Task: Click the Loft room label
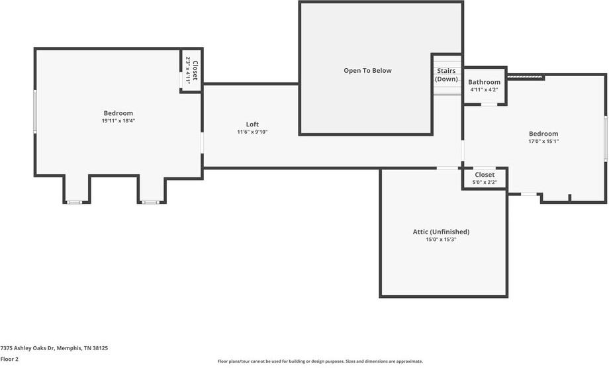pos(252,124)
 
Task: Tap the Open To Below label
pos(367,70)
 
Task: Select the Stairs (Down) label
pos(446,75)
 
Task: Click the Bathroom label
pos(485,82)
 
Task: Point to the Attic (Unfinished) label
pos(441,232)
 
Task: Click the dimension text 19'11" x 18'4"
pos(118,121)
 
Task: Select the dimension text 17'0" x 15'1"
pos(543,142)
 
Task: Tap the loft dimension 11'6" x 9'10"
pos(252,132)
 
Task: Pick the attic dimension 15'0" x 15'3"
pos(441,240)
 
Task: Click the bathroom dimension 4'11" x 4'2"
pos(485,90)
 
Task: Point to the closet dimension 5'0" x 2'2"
pos(485,182)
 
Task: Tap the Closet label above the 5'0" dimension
pos(485,175)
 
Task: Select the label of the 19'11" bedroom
pos(118,113)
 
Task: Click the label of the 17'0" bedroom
pos(543,134)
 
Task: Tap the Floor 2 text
pos(9,359)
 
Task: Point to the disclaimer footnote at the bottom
pos(320,361)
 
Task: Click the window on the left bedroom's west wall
pos(35,112)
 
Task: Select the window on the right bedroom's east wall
pos(605,138)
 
